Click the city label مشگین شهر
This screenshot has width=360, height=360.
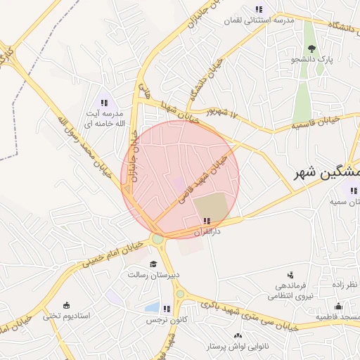(328, 172)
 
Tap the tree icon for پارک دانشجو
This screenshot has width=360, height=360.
(311, 49)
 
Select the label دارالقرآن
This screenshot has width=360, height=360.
(207, 231)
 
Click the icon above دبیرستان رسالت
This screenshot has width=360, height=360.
(153, 264)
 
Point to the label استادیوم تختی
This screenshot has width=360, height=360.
(67, 316)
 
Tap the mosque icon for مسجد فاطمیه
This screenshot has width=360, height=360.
(338, 307)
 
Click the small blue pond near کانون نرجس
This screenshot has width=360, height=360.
(152, 307)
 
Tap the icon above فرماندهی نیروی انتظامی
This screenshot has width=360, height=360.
(290, 276)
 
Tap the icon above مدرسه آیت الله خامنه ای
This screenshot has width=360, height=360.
(104, 103)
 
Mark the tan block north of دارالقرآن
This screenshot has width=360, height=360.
(212, 206)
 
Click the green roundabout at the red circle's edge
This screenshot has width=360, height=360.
(157, 239)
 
